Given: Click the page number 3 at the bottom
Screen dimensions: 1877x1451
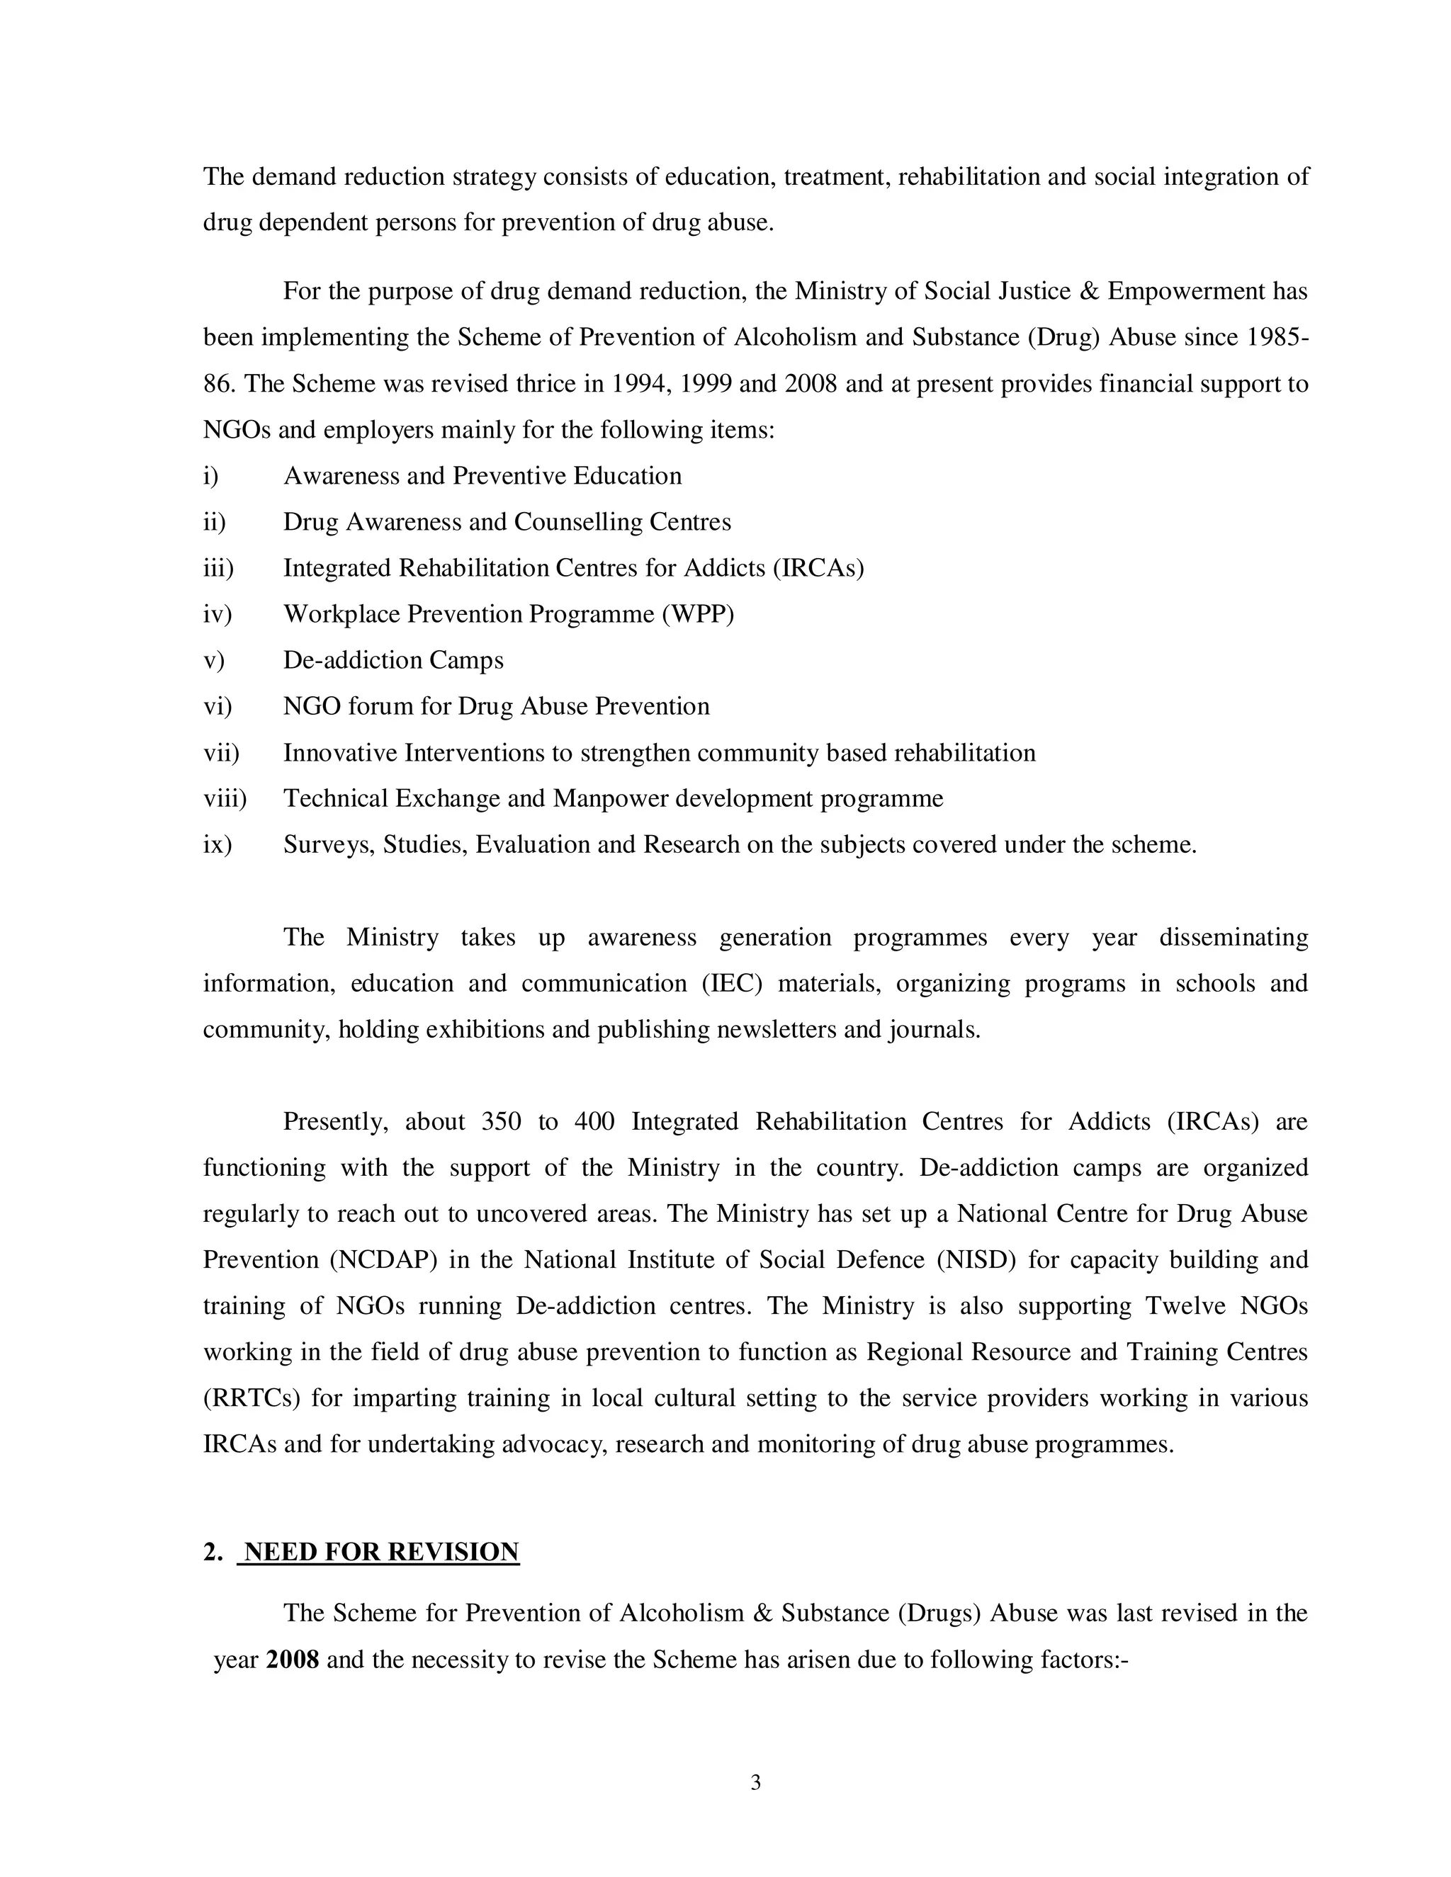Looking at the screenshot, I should (x=755, y=1783).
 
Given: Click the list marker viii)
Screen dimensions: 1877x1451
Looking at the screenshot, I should (x=225, y=798).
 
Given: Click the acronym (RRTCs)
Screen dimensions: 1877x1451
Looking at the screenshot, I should (x=251, y=1398).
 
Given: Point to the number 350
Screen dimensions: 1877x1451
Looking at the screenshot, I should (x=500, y=1121).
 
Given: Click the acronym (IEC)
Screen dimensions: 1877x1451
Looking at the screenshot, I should (x=731, y=983).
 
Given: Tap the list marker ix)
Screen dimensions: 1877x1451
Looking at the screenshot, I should (x=218, y=845).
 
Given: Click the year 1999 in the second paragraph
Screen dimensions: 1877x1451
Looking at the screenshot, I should (x=705, y=383).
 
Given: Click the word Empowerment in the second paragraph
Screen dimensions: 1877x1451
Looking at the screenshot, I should (x=1185, y=291).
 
